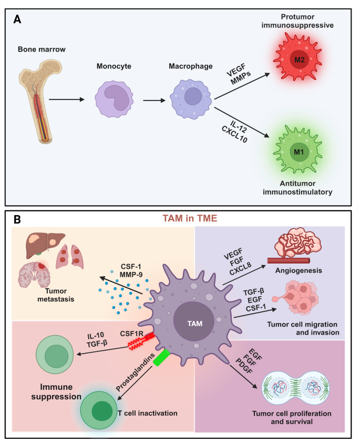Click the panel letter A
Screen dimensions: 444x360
(18, 19)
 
